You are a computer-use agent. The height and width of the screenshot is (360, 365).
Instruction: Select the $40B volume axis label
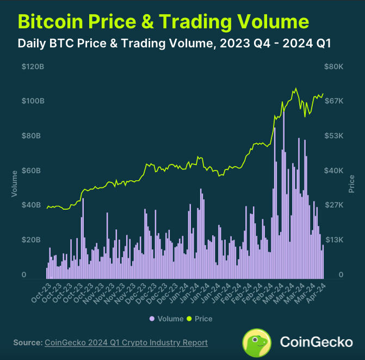[x=31, y=205]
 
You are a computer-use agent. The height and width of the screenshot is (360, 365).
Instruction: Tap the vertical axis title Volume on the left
[x=14, y=185]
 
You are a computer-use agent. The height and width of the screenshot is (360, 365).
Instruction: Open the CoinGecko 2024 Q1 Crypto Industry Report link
[x=126, y=343]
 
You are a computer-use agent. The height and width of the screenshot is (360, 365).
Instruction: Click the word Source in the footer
[x=27, y=343]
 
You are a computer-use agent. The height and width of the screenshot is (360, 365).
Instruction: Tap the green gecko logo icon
[x=257, y=342]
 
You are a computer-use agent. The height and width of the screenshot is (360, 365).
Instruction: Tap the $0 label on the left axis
[x=23, y=275]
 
